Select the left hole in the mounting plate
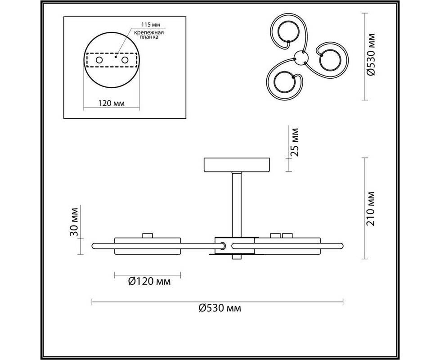(99, 60)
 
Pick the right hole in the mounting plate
(125, 60)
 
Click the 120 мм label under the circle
(112, 103)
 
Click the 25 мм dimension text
(294, 142)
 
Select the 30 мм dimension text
(73, 222)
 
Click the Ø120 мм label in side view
(149, 281)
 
